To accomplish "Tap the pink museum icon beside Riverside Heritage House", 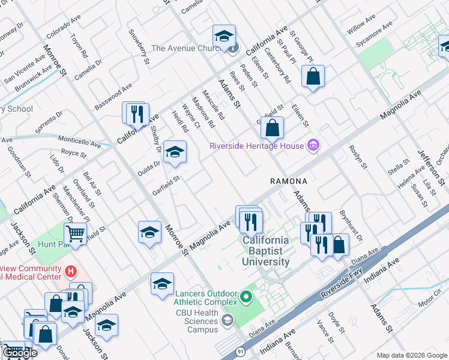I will point(312,145).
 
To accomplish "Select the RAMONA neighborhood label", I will point(289,181).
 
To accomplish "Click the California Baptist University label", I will point(266,251).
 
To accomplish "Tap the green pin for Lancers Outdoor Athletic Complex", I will point(246,296).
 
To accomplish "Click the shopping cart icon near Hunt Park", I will point(75,232).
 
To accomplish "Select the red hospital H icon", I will point(71,272).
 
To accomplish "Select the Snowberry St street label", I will point(139,46).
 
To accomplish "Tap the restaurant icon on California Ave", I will point(135,112).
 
